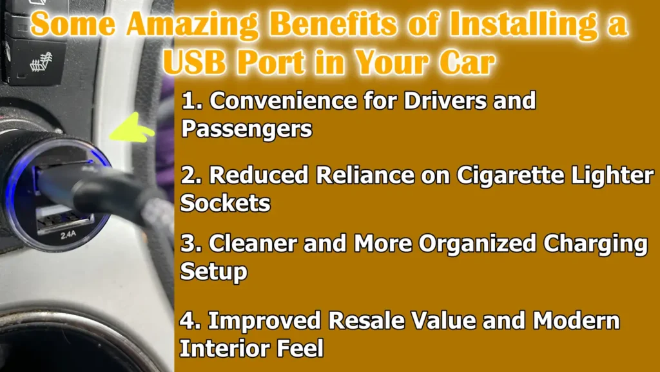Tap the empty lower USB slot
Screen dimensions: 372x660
pos(64,218)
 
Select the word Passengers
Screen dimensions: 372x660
pos(246,129)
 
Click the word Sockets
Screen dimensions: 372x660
pos(225,203)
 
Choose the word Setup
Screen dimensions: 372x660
pos(213,271)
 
